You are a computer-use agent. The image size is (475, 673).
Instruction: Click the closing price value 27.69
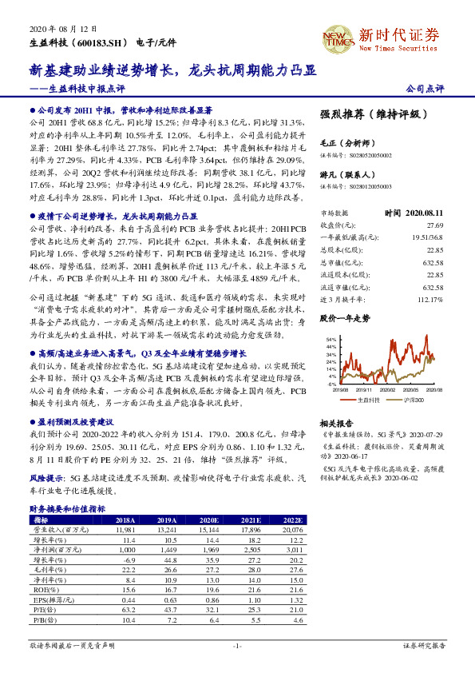click(x=434, y=226)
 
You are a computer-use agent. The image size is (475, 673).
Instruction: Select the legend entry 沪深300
click(x=410, y=398)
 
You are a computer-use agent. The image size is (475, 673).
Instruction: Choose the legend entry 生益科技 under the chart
click(x=369, y=398)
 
